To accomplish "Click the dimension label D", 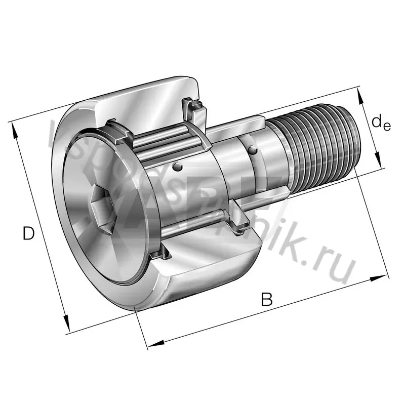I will [29, 234].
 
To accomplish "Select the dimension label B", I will [267, 299].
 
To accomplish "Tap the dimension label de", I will [380, 123].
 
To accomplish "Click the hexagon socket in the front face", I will [99, 204].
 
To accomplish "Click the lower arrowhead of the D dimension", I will [66, 323].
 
